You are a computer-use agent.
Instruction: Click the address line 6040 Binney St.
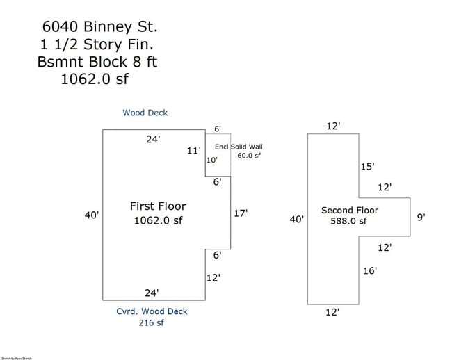point(99,27)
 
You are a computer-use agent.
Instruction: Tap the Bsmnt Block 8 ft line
point(97,62)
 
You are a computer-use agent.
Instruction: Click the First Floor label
point(158,206)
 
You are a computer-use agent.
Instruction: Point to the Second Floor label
point(350,210)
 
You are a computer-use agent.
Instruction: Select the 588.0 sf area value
point(348,221)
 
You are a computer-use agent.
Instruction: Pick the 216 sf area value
point(151,322)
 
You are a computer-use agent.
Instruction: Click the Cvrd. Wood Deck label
point(151,311)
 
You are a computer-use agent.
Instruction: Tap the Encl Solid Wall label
point(239,147)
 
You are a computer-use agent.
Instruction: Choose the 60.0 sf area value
point(248,156)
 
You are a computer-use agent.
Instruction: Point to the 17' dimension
point(241,213)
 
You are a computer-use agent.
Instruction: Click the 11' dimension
point(194,150)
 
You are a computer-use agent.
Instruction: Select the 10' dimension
point(211,160)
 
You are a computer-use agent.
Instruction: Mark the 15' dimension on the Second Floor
point(367,167)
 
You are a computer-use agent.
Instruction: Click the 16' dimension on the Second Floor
point(369,270)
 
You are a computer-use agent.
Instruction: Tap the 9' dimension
point(421,217)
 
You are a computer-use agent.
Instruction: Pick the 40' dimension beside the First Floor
point(92,215)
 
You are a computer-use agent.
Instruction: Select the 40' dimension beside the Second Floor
point(297,220)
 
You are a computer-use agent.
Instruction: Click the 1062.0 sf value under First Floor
point(158,221)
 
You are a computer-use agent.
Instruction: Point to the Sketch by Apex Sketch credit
point(16,357)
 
